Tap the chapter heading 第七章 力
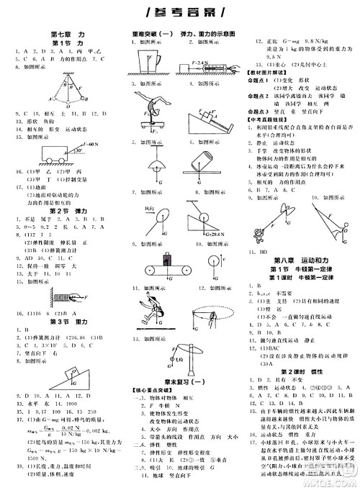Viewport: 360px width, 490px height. (x=69, y=34)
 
